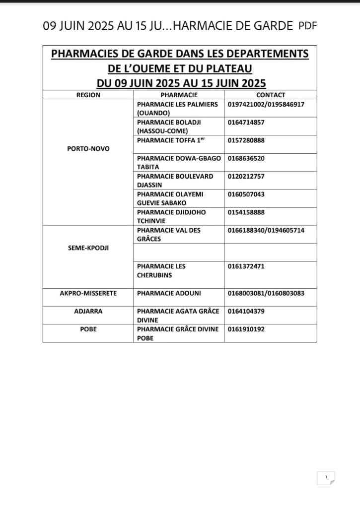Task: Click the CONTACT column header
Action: (271, 95)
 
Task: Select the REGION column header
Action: (88, 95)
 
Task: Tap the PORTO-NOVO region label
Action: (88, 149)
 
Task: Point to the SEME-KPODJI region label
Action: (88, 248)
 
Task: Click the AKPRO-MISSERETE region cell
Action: (88, 293)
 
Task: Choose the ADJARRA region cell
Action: (88, 312)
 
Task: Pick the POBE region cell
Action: (88, 329)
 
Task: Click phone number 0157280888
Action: (246, 140)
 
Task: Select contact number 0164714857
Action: (246, 123)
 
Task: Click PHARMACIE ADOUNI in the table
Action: (169, 293)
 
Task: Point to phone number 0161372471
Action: (246, 266)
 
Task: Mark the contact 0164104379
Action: (246, 312)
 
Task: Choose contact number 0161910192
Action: (246, 329)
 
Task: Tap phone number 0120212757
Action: (246, 177)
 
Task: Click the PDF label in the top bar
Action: (308, 26)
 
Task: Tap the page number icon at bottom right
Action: (326, 478)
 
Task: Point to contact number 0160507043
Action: (246, 194)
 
